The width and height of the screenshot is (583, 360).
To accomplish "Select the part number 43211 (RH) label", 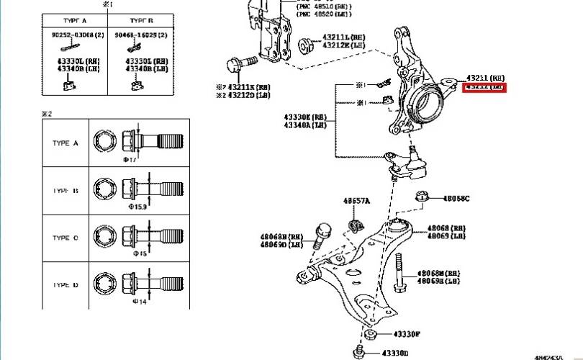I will tap(485, 77).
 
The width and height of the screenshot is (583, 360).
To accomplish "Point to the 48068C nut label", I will tap(455, 198).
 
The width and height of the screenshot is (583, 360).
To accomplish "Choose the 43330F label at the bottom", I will tap(407, 335).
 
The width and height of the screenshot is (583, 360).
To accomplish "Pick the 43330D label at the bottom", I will tap(395, 353).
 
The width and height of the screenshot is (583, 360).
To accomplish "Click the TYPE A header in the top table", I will tap(74, 22).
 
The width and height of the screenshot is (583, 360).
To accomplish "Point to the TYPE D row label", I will tap(65, 285).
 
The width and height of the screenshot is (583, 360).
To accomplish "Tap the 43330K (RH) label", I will tap(306, 116).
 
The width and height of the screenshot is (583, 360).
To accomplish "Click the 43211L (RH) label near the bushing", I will tap(342, 37).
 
